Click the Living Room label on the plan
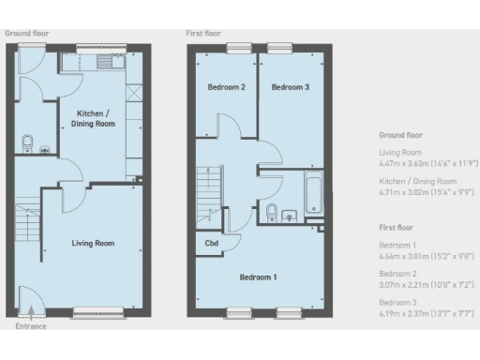93,243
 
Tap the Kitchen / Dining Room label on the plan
95,118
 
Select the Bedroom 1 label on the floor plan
258,277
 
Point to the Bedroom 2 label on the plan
226,87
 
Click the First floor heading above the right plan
203,33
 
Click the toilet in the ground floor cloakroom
28,143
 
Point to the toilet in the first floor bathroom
272,212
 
